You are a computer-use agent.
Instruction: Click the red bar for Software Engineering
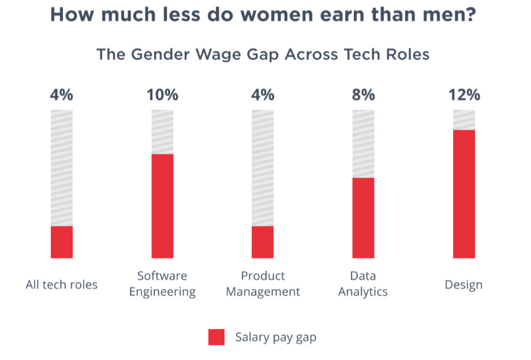click(x=162, y=206)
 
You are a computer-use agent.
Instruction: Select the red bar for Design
click(x=463, y=194)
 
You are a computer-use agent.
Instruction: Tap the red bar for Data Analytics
click(x=363, y=217)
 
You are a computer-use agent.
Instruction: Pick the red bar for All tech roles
click(x=62, y=242)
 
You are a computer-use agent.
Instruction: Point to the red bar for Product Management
click(x=263, y=242)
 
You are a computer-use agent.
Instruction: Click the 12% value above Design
click(x=464, y=95)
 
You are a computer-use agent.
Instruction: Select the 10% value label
click(x=162, y=95)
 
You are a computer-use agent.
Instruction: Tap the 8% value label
click(x=363, y=95)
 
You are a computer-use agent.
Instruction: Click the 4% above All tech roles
click(x=62, y=95)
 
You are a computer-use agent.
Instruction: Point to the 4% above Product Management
click(x=263, y=95)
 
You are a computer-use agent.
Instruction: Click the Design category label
click(x=463, y=285)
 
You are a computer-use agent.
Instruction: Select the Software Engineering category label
click(x=162, y=284)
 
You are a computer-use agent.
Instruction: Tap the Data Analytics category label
click(x=363, y=284)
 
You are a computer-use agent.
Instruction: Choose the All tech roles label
click(x=62, y=285)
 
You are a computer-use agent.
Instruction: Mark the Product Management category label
click(x=263, y=284)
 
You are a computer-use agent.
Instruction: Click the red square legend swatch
click(x=216, y=337)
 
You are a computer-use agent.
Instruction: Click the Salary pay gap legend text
click(x=275, y=337)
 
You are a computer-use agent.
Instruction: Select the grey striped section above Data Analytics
click(x=363, y=144)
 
